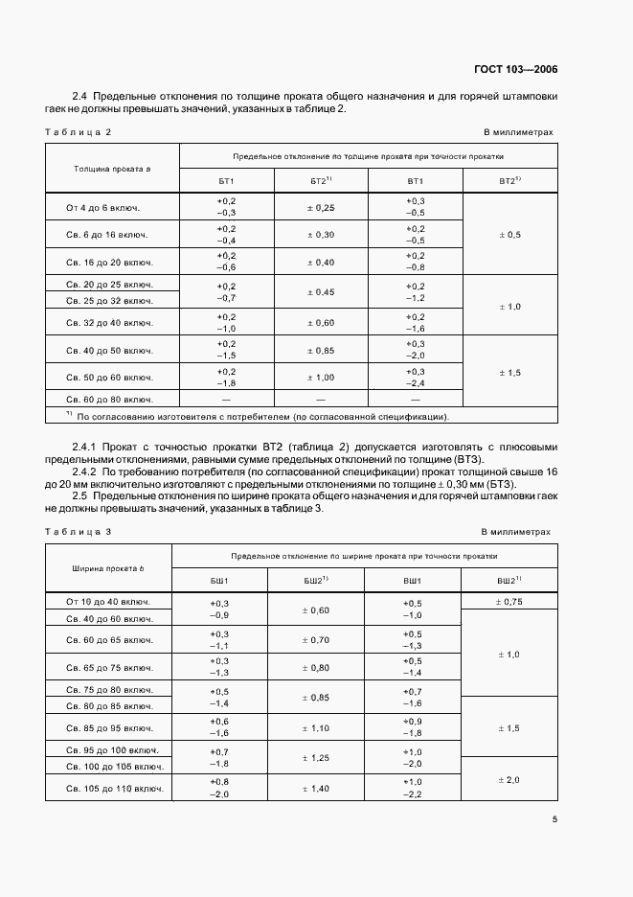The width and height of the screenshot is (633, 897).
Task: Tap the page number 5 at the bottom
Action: click(555, 818)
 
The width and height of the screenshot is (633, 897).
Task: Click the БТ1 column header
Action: click(226, 181)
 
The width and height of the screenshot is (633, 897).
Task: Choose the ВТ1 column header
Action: click(415, 181)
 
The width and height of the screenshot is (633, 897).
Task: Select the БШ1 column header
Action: click(219, 581)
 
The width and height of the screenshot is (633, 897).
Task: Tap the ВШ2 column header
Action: click(508, 581)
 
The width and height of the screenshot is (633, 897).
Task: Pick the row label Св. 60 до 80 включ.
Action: click(108, 399)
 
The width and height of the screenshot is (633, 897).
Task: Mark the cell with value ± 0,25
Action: click(320, 207)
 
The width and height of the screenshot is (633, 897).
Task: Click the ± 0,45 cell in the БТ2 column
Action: click(320, 292)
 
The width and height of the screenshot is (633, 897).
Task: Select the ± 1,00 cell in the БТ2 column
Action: click(320, 377)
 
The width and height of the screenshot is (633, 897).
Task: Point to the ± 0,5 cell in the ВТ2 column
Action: click(509, 235)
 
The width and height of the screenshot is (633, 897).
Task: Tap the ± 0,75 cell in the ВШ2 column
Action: click(508, 602)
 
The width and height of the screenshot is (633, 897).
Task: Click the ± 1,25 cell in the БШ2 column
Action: click(315, 757)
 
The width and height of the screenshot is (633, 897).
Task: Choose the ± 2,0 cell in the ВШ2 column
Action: click(508, 780)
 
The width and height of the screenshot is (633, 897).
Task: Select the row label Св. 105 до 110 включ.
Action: click(108, 789)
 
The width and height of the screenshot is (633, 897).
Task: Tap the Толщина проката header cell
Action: click(108, 168)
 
